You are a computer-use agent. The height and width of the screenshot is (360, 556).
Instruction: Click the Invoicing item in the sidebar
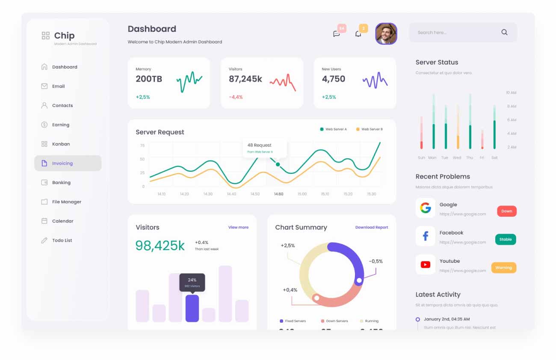click(x=62, y=163)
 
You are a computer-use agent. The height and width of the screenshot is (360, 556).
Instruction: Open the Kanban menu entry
click(x=61, y=144)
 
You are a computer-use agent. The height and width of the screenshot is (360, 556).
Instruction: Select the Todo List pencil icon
click(x=44, y=241)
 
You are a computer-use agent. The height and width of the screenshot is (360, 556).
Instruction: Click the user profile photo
click(x=386, y=34)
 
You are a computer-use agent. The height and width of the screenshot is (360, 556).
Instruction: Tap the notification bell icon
click(x=358, y=34)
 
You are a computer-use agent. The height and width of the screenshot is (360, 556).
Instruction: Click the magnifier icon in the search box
click(x=504, y=32)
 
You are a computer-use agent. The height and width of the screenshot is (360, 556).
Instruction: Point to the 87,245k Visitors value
click(x=245, y=79)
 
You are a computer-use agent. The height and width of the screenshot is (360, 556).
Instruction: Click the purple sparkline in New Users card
click(x=375, y=80)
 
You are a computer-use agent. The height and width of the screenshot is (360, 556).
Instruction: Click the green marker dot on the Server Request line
click(x=278, y=164)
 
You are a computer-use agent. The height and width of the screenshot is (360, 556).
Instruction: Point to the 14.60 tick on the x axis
click(x=278, y=194)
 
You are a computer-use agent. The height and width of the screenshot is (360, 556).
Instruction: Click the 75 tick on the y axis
click(x=142, y=146)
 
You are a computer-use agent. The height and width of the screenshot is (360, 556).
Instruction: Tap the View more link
click(x=238, y=227)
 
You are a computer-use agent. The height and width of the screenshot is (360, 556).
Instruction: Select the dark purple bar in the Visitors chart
click(x=192, y=308)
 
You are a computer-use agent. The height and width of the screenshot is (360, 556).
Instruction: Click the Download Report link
click(x=371, y=227)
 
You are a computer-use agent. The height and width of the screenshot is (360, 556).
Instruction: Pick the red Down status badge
click(x=506, y=211)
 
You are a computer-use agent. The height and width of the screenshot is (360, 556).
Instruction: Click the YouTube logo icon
click(x=425, y=265)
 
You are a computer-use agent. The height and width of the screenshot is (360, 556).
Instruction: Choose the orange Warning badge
click(x=503, y=268)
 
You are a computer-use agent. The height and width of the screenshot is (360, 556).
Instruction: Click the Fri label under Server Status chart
click(x=482, y=158)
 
